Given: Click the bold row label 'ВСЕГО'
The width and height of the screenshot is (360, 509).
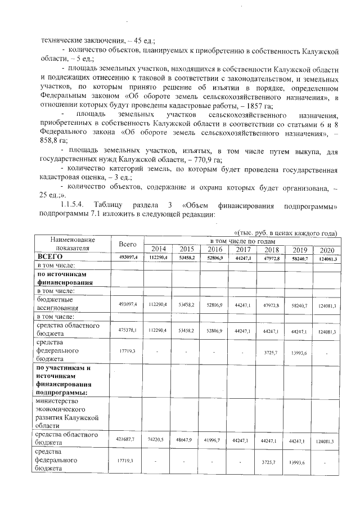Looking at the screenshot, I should pyautogui.click(x=49, y=258).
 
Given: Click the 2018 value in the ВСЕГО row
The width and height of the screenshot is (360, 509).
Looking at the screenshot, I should pyautogui.click(x=270, y=258).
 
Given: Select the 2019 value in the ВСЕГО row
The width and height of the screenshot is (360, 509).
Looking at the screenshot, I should pyautogui.click(x=298, y=258).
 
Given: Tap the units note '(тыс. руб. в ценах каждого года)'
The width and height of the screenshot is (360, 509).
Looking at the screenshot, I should pyautogui.click(x=285, y=233).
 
